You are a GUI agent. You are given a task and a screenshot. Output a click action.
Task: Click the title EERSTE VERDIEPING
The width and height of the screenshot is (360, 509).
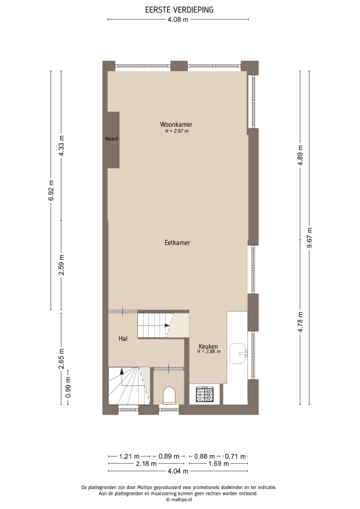(x=179, y=10)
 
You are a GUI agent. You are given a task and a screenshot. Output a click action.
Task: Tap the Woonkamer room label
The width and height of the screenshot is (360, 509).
(x=176, y=124)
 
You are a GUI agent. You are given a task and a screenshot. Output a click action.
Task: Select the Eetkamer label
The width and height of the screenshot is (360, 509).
(x=177, y=242)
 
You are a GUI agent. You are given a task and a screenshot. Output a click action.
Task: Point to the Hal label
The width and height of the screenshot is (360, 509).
(x=123, y=339)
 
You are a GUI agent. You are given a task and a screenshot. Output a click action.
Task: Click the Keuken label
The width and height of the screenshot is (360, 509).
(x=208, y=346)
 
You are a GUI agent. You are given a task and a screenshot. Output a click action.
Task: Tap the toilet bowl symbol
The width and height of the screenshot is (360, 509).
(x=169, y=395)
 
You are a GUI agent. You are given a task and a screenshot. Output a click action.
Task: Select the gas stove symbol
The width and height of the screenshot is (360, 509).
(x=205, y=394)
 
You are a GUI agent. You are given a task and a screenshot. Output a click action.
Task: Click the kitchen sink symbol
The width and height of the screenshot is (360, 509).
(x=238, y=353)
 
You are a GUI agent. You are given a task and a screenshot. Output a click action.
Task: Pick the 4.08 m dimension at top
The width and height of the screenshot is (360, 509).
(x=177, y=19)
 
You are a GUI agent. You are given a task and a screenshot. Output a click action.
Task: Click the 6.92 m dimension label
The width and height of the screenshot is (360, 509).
(x=51, y=190)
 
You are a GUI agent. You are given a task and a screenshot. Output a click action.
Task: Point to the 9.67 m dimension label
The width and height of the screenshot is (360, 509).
(x=309, y=238)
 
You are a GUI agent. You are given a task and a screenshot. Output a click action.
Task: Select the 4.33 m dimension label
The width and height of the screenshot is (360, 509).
(x=62, y=146)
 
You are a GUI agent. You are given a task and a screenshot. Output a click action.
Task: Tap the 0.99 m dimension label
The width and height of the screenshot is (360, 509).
(x=69, y=387)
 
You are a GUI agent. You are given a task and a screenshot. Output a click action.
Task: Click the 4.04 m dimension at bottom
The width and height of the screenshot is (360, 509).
(x=177, y=471)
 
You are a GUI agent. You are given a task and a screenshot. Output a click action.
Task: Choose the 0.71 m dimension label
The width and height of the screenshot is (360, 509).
(x=235, y=457)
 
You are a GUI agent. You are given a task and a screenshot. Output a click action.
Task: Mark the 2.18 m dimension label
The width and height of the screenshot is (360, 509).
(x=146, y=464)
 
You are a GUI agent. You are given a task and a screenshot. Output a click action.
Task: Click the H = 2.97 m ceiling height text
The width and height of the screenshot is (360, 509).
(x=177, y=131)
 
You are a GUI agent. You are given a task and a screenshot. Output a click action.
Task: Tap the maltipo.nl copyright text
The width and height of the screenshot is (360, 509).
(x=179, y=499)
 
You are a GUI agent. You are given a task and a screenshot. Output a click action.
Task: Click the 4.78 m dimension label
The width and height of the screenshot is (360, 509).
(x=300, y=322)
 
